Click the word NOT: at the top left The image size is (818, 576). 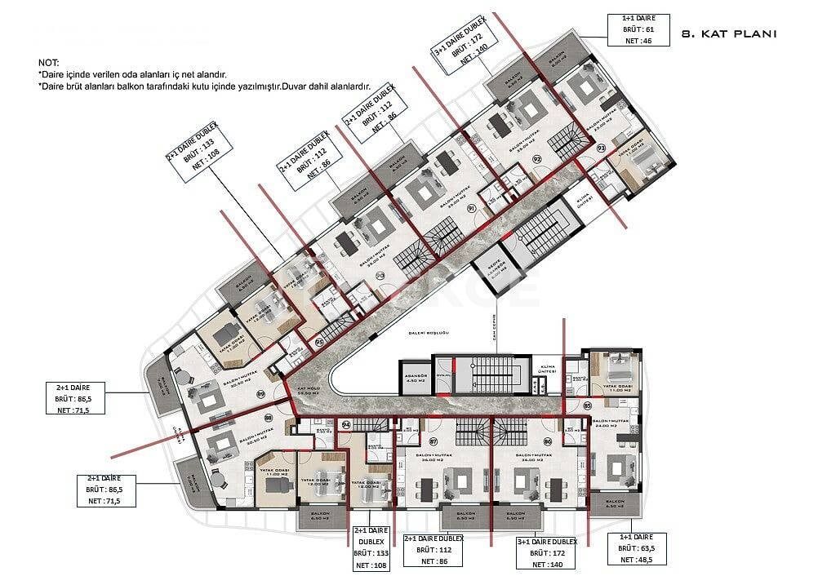(x=49, y=63)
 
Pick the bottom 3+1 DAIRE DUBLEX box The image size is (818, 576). (x=547, y=552)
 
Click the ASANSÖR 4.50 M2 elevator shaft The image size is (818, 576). (x=414, y=377)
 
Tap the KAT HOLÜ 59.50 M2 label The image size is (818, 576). (x=308, y=390)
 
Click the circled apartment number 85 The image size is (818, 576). (x=587, y=405)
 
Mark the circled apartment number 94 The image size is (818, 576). (x=346, y=425)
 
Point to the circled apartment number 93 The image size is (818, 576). (x=602, y=148)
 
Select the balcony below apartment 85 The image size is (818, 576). (x=614, y=505)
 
